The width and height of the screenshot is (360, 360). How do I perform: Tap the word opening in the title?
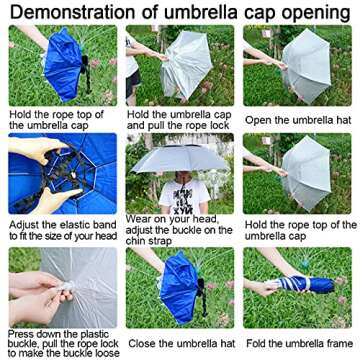(x=315, y=12)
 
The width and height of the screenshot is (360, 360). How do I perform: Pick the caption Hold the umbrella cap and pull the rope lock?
(x=180, y=119)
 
